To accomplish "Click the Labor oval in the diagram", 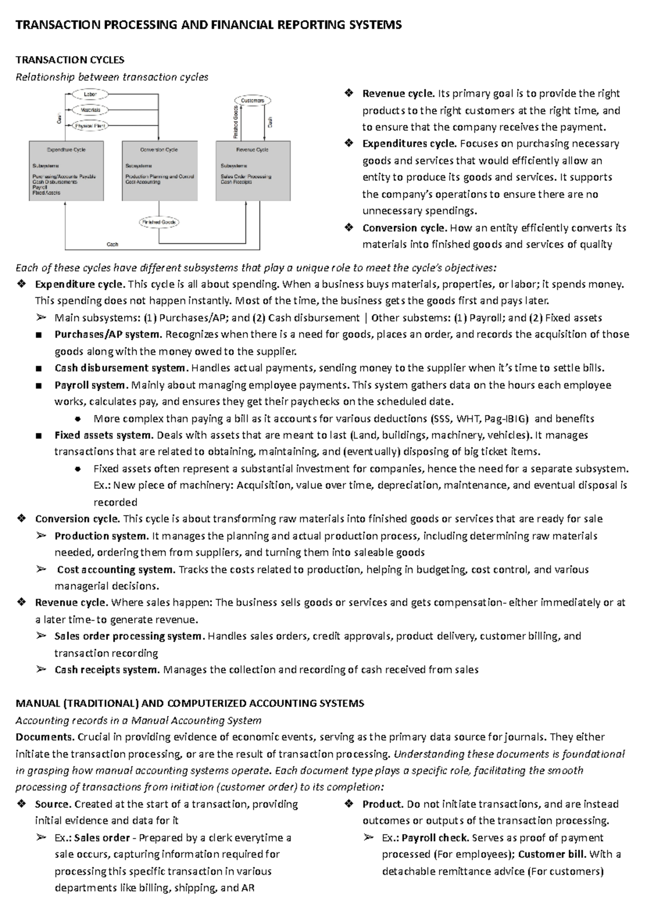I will click(x=90, y=94).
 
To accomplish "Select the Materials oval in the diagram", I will click(x=90, y=110).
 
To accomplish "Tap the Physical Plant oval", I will click(x=90, y=126).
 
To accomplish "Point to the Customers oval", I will click(x=252, y=100).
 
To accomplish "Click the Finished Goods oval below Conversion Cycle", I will click(x=159, y=222).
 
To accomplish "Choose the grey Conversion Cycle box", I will click(x=160, y=171).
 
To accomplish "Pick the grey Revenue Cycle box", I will click(x=253, y=171).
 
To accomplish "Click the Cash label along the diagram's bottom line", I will click(x=112, y=244).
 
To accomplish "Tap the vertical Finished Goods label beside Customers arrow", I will click(x=236, y=121).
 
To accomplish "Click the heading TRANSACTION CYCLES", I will click(x=70, y=60).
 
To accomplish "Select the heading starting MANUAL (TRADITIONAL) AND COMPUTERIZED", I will click(x=190, y=704).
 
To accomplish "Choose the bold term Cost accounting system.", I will click(x=116, y=570).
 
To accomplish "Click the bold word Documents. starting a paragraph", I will click(x=45, y=737).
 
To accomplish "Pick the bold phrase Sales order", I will click(x=102, y=838).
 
